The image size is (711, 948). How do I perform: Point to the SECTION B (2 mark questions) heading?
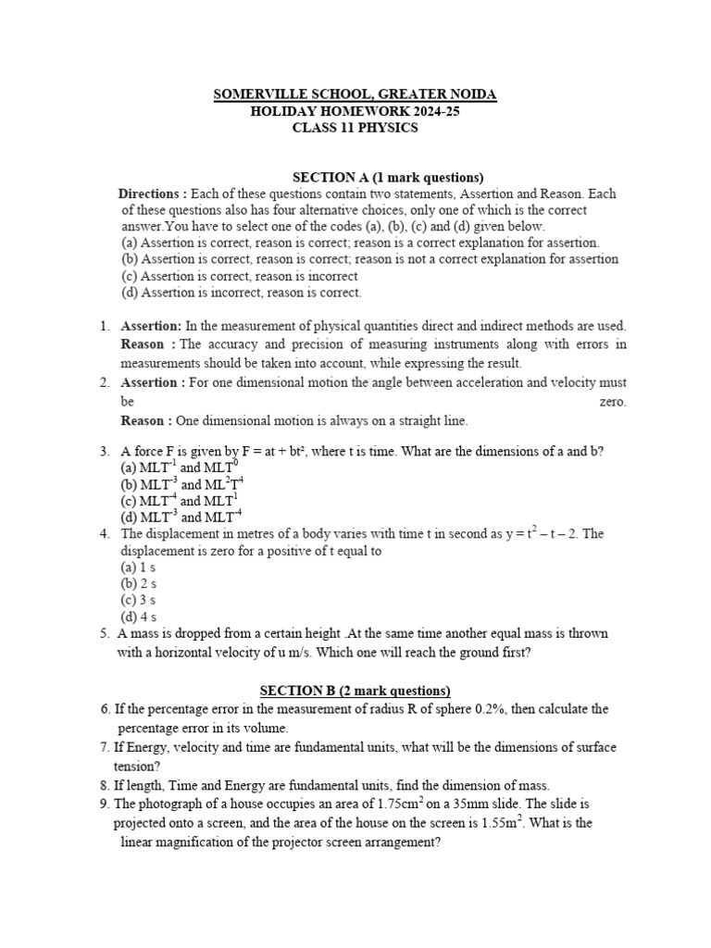(x=355, y=691)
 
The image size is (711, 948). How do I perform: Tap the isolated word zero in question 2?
(x=612, y=402)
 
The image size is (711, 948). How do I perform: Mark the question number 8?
(x=105, y=784)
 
